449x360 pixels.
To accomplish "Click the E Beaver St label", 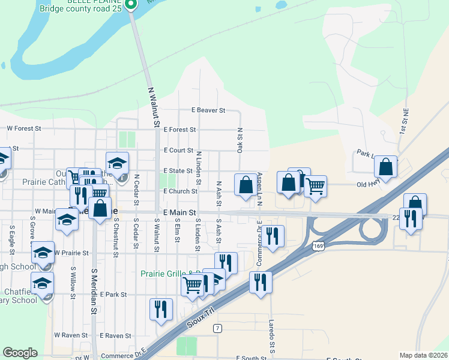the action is pos(208,110).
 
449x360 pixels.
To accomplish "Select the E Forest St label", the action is pos(179,130).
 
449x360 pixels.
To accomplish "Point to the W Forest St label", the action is pos(23,128).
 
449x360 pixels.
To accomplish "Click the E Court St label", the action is pos(179,151).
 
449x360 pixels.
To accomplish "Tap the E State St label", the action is pos(178,171).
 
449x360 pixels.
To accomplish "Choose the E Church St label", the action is pos(181,191).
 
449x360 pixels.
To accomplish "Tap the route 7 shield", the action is pos(217,328).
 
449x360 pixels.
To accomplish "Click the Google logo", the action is pos(20,353).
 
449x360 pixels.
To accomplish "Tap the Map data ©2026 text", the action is pos(424,355).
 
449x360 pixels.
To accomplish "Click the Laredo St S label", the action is pos(272,344).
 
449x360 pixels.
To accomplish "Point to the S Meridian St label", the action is pos(94,291).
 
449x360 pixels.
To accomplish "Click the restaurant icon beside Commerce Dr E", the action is pos(273,236).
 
